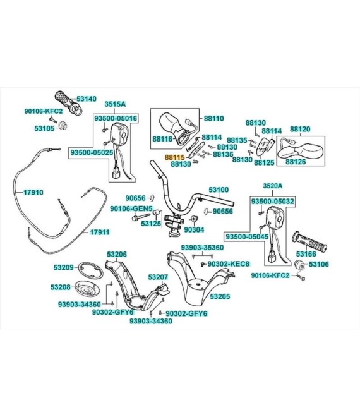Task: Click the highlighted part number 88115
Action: (x=174, y=157)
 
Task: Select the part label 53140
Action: (x=87, y=99)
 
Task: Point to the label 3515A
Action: (x=115, y=104)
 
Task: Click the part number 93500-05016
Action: (x=116, y=118)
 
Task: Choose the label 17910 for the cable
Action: (x=33, y=192)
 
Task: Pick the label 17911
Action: (x=99, y=232)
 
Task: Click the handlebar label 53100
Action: (x=219, y=190)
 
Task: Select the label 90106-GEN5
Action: (x=131, y=208)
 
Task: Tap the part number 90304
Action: (x=194, y=229)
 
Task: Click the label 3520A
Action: (x=272, y=186)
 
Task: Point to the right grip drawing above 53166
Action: (x=309, y=242)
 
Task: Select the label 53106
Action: (x=319, y=264)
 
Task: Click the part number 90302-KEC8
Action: (x=229, y=264)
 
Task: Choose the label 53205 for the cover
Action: (x=220, y=296)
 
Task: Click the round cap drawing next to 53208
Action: (x=87, y=288)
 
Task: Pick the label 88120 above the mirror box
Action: (x=300, y=130)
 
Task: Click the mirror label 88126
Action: (x=296, y=162)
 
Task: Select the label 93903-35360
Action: (x=202, y=248)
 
